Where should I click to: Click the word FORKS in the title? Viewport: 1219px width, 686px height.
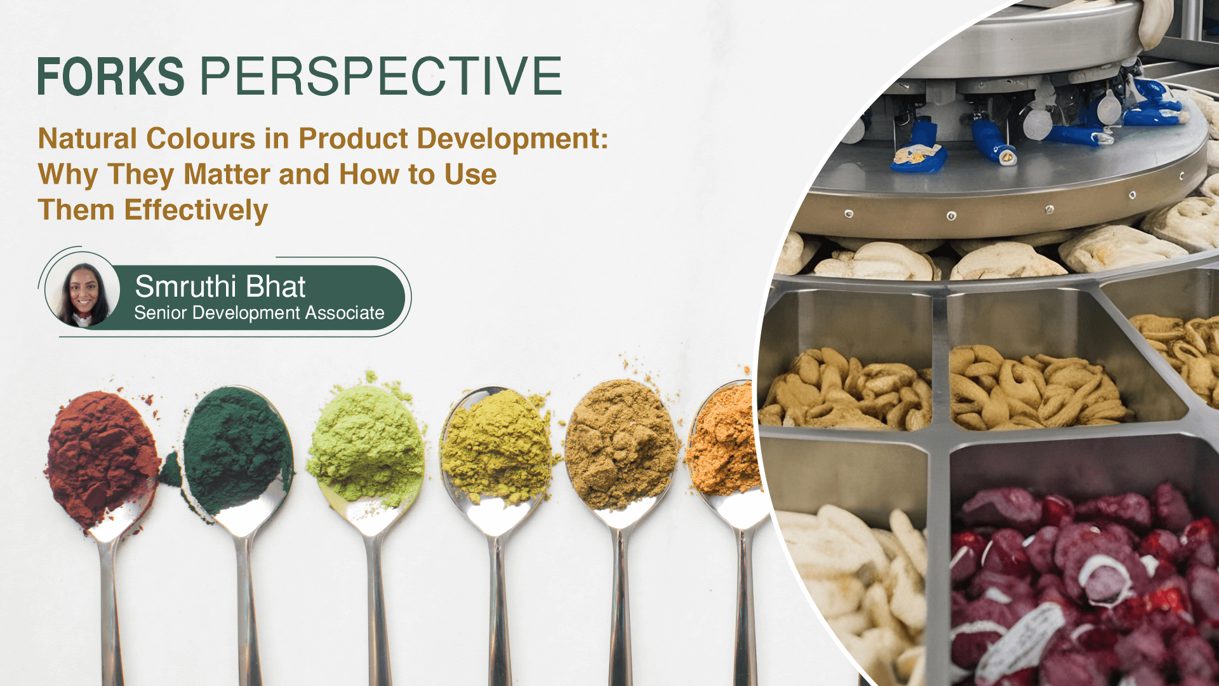(111, 76)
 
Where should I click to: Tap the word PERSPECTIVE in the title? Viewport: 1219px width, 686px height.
(381, 76)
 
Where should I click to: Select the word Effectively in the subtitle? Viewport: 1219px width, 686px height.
(196, 211)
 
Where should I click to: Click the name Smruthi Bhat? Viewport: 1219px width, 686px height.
(220, 286)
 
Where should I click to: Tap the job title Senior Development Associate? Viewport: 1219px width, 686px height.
(259, 313)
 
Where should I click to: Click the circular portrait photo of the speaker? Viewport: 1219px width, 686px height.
(83, 295)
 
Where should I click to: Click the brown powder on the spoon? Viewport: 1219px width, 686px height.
(621, 443)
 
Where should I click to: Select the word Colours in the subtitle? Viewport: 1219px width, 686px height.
(201, 138)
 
